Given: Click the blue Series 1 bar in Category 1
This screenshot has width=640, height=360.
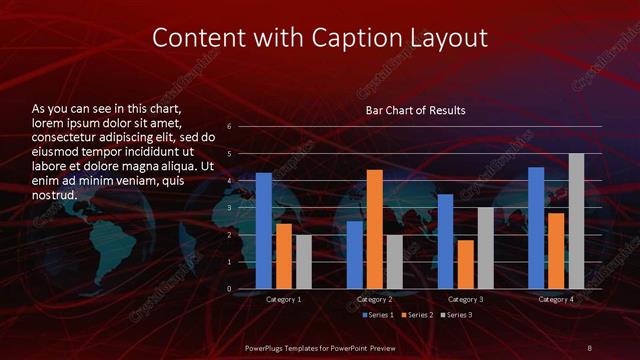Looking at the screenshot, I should point(264,231).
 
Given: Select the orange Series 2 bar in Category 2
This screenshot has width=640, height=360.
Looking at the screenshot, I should point(375,229).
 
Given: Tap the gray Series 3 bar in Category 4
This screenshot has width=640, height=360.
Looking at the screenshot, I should point(576,221).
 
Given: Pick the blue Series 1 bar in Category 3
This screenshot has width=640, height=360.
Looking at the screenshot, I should point(445,241).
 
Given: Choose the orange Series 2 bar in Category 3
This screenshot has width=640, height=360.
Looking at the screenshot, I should point(465,264).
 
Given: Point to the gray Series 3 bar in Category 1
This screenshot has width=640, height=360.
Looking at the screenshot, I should point(304,262).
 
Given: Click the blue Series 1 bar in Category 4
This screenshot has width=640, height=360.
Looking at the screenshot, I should point(536,228).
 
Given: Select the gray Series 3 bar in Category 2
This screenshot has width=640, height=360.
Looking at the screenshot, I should point(395,262).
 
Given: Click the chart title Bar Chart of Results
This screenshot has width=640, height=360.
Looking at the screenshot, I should point(415,110).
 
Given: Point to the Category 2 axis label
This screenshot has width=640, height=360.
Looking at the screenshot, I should point(375,299).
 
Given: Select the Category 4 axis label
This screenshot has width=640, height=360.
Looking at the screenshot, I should point(556,299).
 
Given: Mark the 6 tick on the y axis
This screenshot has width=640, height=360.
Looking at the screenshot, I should point(230,127).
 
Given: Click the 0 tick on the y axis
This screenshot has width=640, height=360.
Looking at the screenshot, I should point(230,289).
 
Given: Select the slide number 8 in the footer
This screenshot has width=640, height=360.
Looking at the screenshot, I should point(590,346).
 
